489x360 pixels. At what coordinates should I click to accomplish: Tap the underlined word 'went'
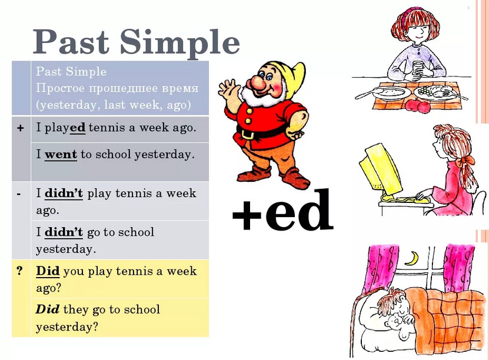click(61, 155)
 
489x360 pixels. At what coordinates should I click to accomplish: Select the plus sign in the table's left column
click(21, 128)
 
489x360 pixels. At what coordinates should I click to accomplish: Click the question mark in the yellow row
click(20, 271)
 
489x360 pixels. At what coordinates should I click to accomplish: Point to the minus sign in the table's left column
click(19, 194)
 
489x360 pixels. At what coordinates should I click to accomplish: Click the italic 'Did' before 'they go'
click(48, 309)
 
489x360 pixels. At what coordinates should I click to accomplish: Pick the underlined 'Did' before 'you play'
click(48, 271)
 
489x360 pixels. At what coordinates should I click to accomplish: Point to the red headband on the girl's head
click(405, 16)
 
